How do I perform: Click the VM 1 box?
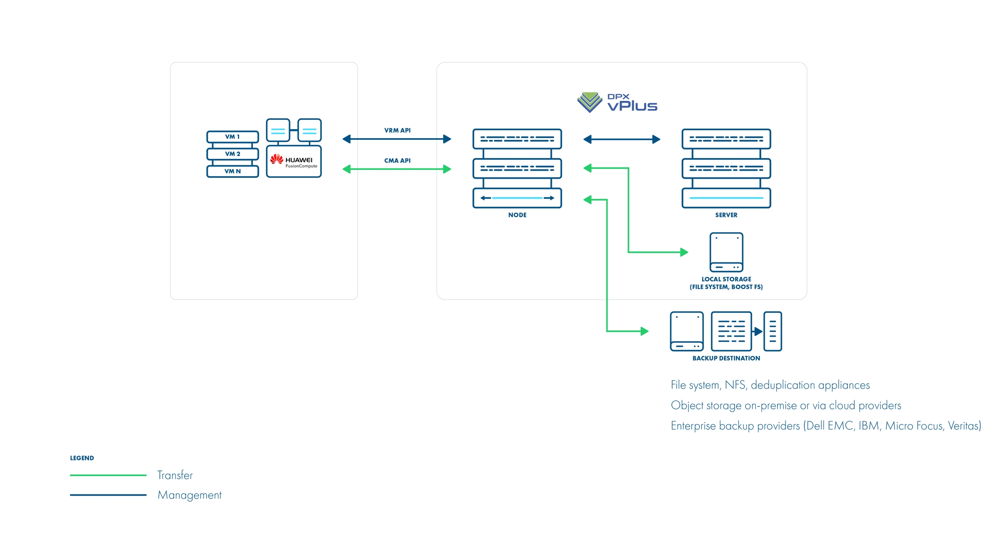[233, 137]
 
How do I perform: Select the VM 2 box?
[233, 154]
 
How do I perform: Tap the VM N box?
[233, 171]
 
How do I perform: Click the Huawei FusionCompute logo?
[294, 161]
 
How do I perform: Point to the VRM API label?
[397, 130]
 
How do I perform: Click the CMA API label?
[397, 161]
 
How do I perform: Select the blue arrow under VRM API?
[397, 139]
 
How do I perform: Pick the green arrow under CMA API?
[397, 169]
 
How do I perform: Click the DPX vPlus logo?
[617, 103]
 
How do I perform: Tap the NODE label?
[517, 215]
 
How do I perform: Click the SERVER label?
[726, 215]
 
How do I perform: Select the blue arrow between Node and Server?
[622, 139]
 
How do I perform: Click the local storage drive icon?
[726, 252]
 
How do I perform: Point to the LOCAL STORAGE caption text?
[726, 283]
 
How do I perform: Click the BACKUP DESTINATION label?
[726, 358]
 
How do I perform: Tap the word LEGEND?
[82, 458]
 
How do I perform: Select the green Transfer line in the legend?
[108, 475]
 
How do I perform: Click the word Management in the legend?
[189, 495]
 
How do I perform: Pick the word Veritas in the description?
[964, 426]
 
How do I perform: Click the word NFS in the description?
[735, 385]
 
